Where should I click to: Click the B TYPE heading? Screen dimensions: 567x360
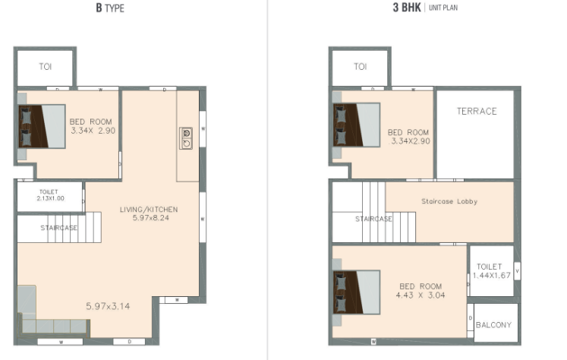pos(110,8)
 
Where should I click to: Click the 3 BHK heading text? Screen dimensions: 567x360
pos(407,8)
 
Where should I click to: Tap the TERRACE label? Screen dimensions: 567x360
pos(477,111)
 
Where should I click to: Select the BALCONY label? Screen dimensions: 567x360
pos(493,325)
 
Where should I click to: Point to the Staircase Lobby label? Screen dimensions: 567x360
pos(449,201)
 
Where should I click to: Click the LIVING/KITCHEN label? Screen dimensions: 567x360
pos(149,210)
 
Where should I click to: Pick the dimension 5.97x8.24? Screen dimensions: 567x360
pos(150,218)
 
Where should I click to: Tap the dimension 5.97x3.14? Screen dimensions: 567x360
pos(108,306)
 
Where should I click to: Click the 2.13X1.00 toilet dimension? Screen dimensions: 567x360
pos(50,198)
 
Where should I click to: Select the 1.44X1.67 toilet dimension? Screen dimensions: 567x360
pos(491,276)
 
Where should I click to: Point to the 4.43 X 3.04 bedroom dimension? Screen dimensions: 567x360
pos(421,295)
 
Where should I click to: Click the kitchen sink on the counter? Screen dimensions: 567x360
pos(186,138)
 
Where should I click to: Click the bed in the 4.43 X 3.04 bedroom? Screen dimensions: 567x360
pos(356,292)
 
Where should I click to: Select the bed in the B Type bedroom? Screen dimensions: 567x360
pos(42,126)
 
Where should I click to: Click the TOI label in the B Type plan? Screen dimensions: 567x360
pos(46,67)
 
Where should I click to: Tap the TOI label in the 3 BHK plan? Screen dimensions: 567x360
pos(360,67)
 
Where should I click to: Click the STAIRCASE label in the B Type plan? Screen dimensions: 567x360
pos(58,228)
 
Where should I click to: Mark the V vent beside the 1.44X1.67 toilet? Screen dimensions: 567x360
pos(517,271)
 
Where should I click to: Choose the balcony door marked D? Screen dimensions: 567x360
pos(471,318)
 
